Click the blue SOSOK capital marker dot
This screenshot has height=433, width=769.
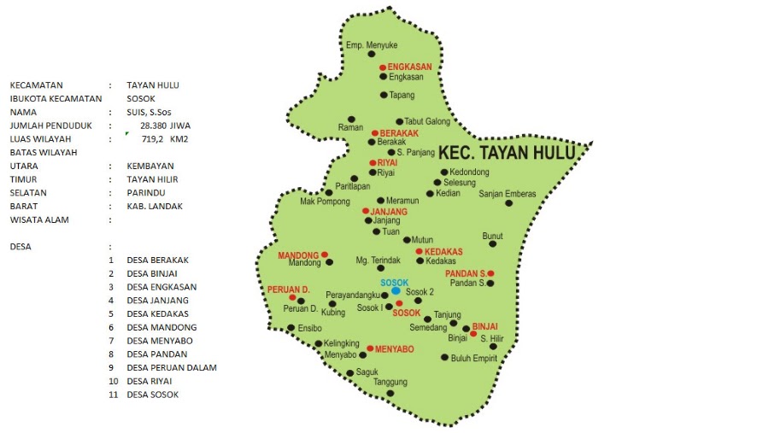click(396, 291)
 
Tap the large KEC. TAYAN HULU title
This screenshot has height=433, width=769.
click(510, 155)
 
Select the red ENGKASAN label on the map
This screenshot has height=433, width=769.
click(409, 66)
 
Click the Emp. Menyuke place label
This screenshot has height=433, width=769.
click(372, 44)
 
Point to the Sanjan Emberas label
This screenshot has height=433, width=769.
click(508, 193)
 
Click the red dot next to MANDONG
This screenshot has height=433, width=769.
click(325, 255)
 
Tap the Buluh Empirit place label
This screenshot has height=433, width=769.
click(474, 358)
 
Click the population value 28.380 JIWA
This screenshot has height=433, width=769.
click(165, 126)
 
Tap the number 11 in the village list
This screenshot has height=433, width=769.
click(113, 395)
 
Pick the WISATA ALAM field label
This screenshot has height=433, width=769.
click(40, 220)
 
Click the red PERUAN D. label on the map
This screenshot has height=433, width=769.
click(287, 290)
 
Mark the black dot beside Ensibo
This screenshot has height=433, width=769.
click(291, 328)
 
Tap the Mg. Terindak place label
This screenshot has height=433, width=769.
click(378, 260)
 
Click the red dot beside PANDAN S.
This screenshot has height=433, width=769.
click(490, 273)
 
